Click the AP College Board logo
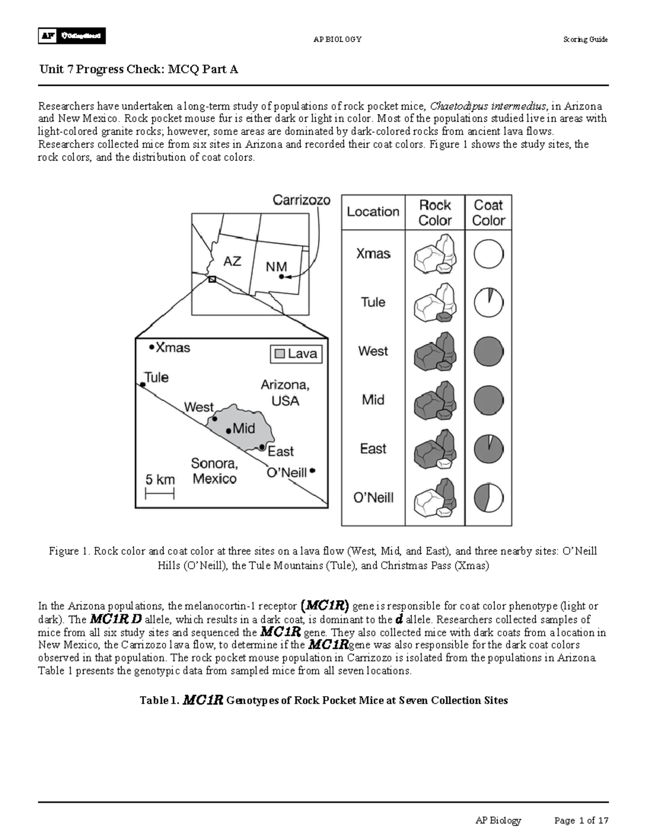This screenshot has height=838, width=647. point(72,36)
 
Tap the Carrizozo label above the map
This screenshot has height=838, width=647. point(301,200)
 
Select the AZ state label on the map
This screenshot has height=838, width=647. point(232,262)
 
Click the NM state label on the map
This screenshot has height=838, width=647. point(276,267)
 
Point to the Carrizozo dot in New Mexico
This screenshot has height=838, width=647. point(281,277)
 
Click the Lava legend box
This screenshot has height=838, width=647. point(296,354)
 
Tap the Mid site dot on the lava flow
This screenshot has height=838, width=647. point(229,431)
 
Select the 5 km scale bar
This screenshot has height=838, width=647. point(160,493)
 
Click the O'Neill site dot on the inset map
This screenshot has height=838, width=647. point(312,471)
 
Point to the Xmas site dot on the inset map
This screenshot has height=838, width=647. point(152,348)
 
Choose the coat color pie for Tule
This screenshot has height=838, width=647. point(488,303)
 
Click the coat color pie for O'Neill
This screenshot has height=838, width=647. point(488,498)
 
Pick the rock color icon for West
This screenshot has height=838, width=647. point(435,351)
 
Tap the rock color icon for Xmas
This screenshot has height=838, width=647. point(435,254)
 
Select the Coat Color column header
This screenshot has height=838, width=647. point(488,213)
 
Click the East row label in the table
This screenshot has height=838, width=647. point(373,449)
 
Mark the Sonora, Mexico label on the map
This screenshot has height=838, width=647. point(215,471)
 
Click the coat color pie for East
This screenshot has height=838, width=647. point(488,449)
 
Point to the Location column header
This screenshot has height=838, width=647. point(373,212)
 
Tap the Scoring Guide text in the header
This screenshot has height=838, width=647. point(585,39)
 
